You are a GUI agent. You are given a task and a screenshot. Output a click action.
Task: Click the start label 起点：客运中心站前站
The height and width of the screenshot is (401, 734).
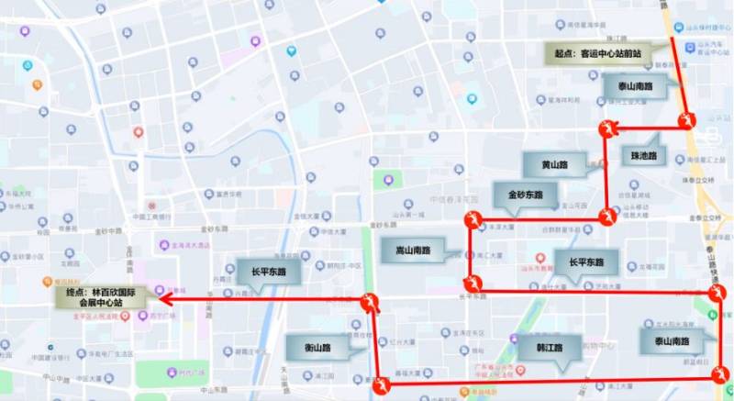pos(596,54)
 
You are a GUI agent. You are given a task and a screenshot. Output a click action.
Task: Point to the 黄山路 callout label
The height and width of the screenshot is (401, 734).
pos(555,165)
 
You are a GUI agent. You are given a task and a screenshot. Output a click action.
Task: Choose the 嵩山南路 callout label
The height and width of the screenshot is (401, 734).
pos(412,249)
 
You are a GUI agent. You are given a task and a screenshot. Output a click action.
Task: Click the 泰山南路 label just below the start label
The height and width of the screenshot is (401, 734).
pos(635,87)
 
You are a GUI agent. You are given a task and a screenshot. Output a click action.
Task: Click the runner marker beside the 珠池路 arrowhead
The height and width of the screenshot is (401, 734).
pos(607,128)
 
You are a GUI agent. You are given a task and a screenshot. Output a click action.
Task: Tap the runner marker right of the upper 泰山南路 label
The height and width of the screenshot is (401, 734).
pos(685,118)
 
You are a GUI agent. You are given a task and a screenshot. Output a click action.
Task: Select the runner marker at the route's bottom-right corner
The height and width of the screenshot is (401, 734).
pos(721,373)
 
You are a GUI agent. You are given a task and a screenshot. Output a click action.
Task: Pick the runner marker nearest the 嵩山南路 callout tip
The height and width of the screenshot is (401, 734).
pos(472,280)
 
